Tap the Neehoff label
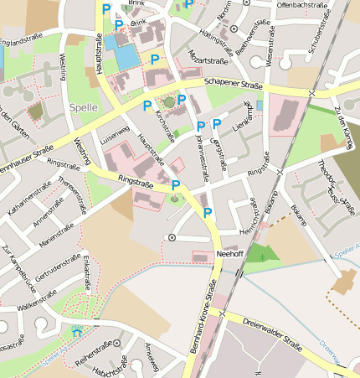(x=229, y=252)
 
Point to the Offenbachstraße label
(x=301, y=5)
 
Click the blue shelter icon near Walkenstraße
(x=78, y=332)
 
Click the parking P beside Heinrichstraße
(x=208, y=214)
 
